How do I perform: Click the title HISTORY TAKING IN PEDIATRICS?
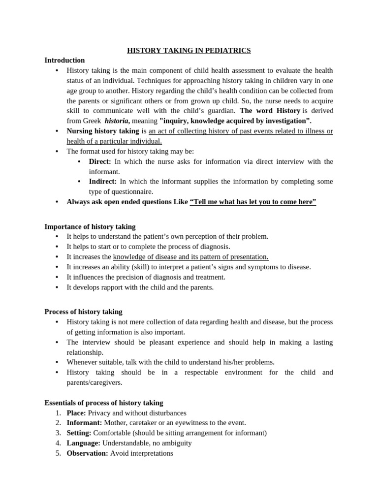tap(189, 50)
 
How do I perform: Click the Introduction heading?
tap(64, 60)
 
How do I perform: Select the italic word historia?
tap(117, 121)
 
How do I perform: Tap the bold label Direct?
tap(100, 161)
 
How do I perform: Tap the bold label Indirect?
tap(103, 182)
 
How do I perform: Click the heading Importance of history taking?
tap(90, 226)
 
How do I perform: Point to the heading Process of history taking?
tap(83, 312)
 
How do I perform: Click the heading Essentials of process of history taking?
tap(104, 403)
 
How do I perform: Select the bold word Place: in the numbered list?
tap(76, 413)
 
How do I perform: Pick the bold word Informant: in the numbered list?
tap(84, 423)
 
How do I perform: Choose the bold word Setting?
tap(79, 433)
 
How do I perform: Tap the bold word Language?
tap(83, 443)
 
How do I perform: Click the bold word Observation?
tap(87, 453)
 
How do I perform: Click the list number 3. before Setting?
tap(58, 433)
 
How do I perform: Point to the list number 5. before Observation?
tap(58, 453)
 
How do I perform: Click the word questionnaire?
tap(133, 191)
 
